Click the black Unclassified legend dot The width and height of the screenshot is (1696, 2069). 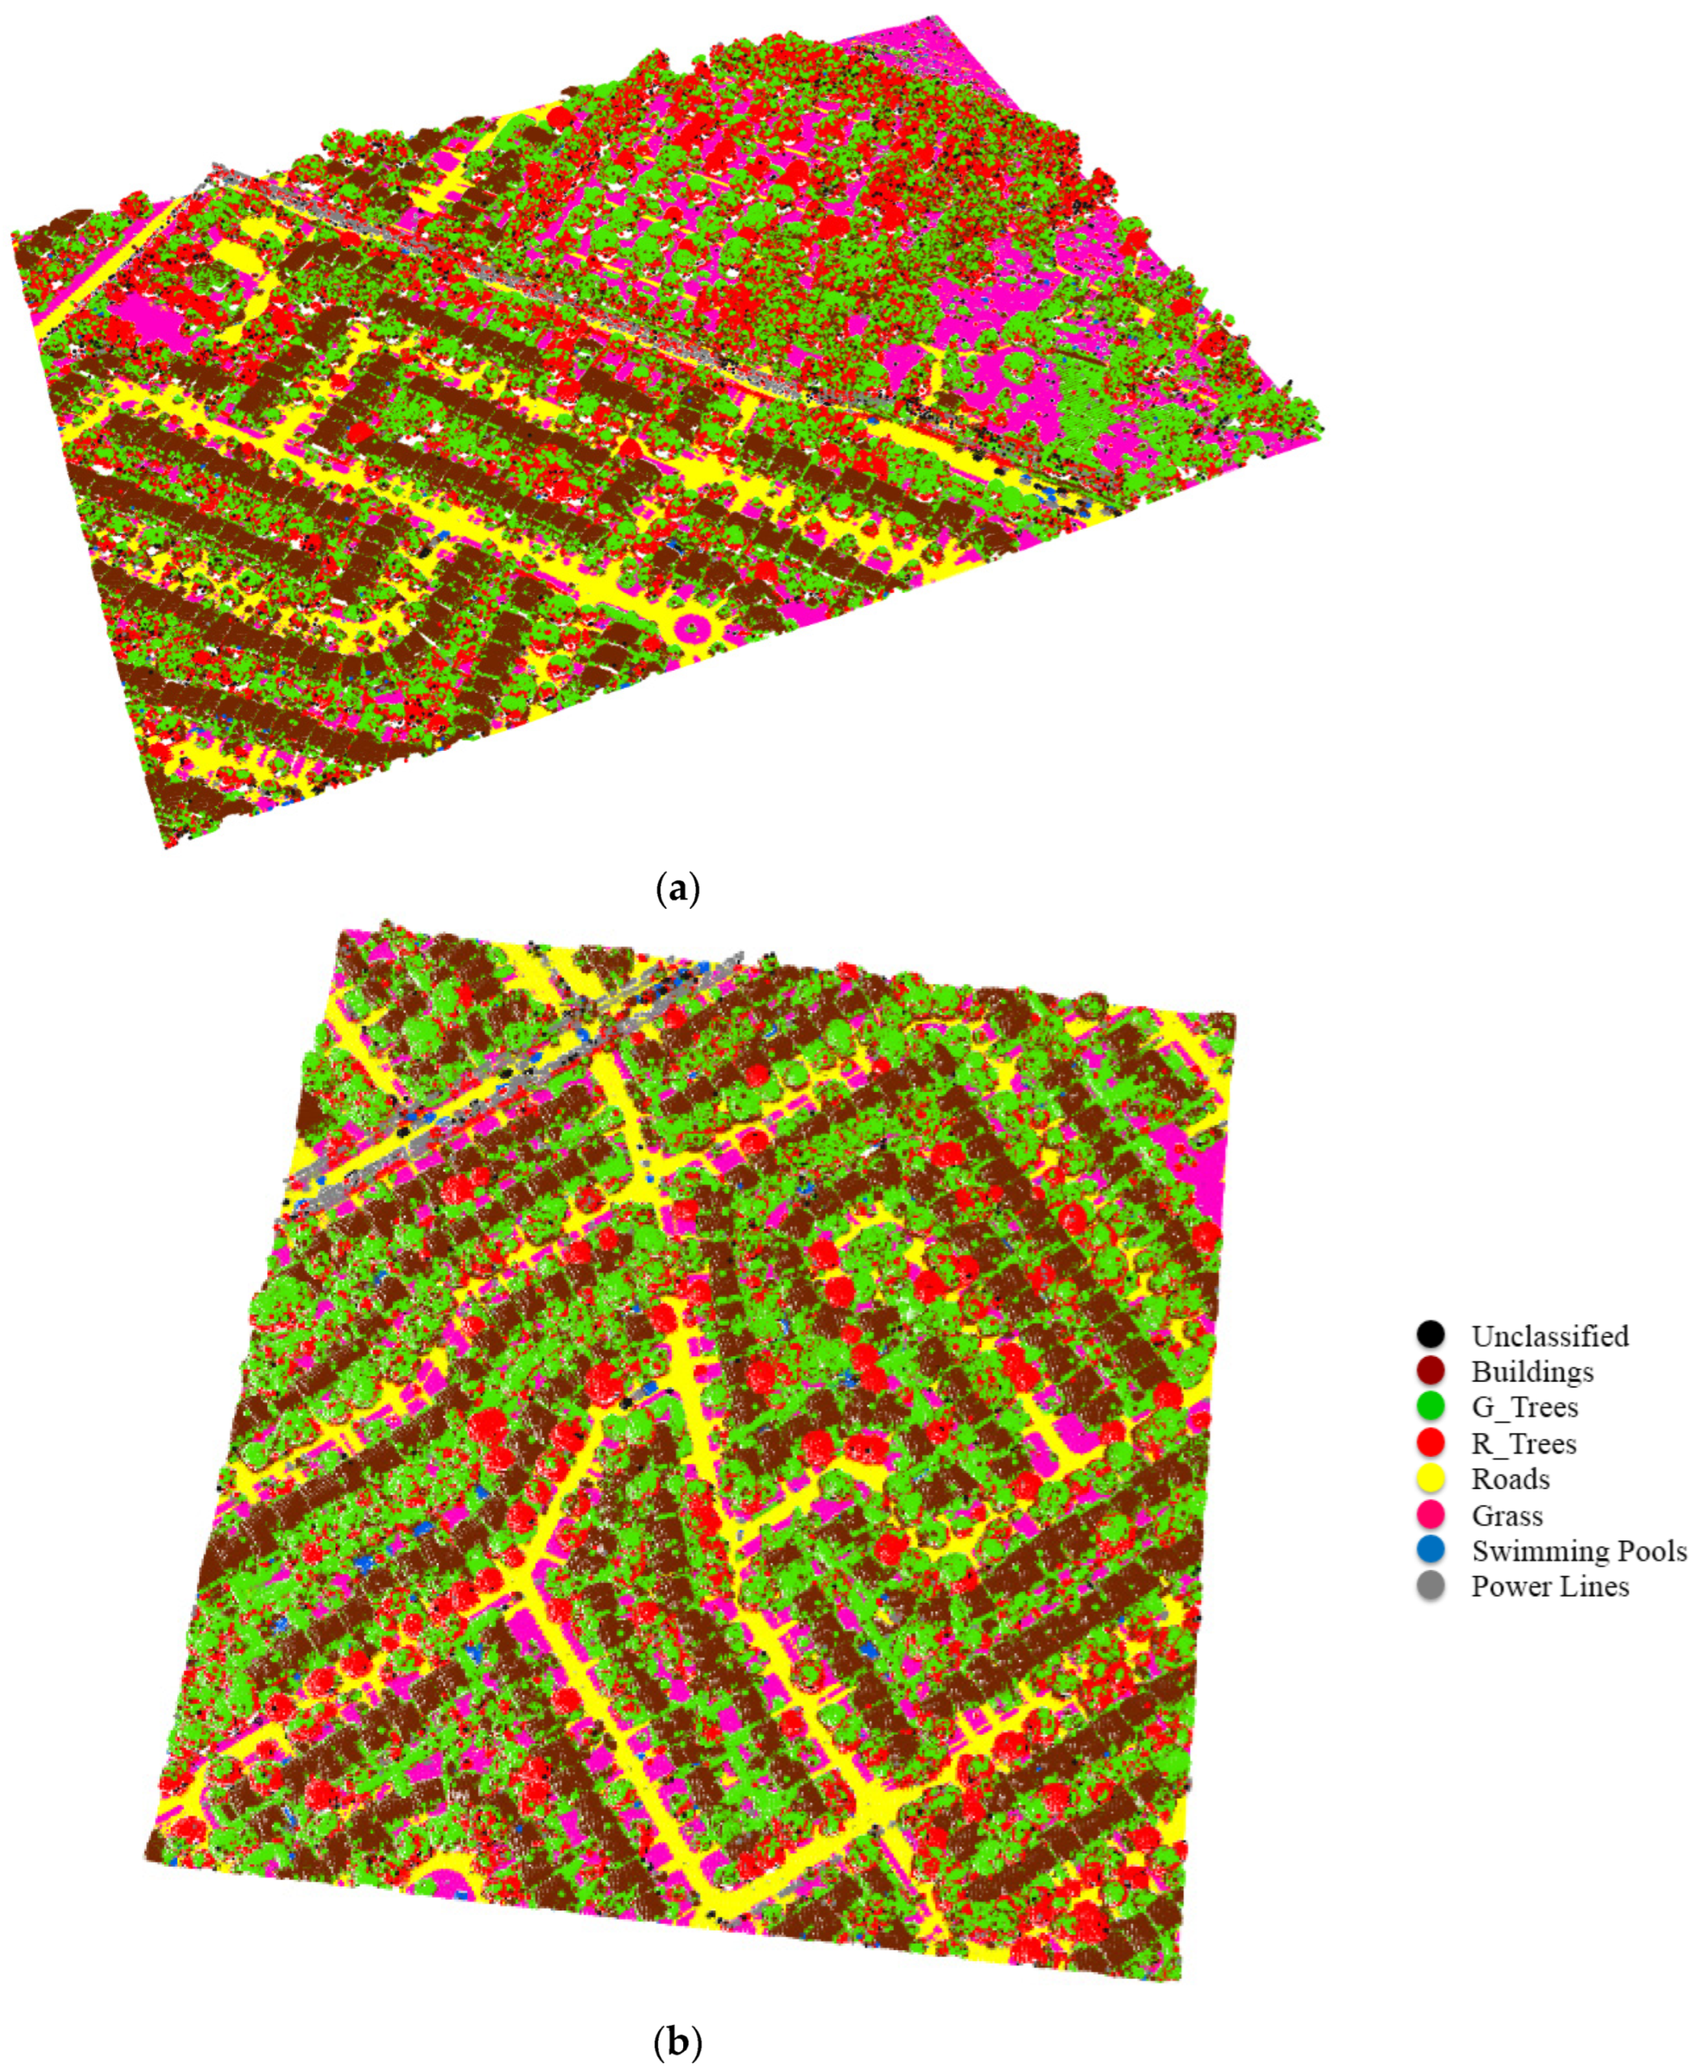tap(1430, 1336)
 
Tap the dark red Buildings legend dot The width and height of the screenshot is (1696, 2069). tap(1430, 1371)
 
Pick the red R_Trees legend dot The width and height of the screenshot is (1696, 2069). tap(1430, 1443)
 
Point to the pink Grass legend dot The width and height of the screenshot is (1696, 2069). tap(1430, 1515)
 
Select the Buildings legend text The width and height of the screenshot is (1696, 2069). tap(1532, 1371)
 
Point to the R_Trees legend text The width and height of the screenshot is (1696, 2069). tap(1523, 1443)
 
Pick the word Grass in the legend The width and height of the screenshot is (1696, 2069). tap(1507, 1515)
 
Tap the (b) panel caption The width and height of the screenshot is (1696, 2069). tap(676, 2041)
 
